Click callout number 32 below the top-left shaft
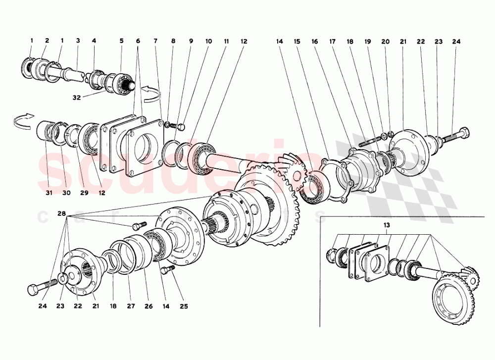pos(77,98)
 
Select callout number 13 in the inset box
pos(387,225)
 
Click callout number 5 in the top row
pos(121,42)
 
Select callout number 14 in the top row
pos(279,42)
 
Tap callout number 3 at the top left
pos(78,42)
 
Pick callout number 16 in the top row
pos(315,42)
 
